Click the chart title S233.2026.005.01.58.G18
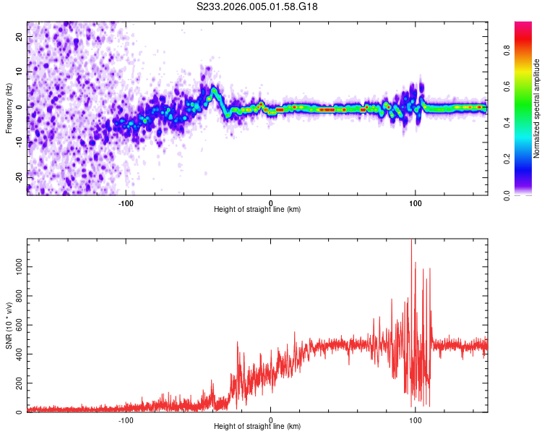coord(257,7)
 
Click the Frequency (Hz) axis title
coord(9,108)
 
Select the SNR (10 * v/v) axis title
coord(9,325)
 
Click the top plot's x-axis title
coord(257,209)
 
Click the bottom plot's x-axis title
coord(257,426)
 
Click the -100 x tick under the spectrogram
coord(126,202)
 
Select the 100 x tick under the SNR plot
coord(416,420)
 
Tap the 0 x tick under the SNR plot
coord(271,420)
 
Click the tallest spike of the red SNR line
coord(412,242)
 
